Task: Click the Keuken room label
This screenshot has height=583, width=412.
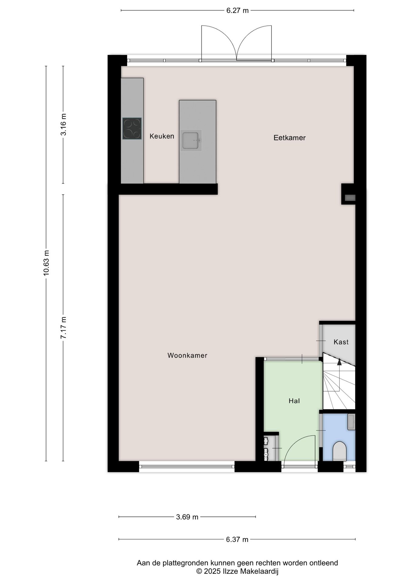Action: tap(162, 136)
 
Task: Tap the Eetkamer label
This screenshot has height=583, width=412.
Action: tap(289, 138)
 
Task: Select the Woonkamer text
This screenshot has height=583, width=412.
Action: tap(187, 356)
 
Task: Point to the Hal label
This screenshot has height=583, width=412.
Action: tap(294, 401)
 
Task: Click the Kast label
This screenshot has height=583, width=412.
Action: tap(341, 342)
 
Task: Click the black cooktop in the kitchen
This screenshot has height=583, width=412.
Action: tap(132, 128)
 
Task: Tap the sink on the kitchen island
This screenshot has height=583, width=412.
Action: tap(191, 140)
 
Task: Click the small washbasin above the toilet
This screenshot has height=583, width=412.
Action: tap(351, 422)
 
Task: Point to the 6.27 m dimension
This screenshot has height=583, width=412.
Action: tap(238, 11)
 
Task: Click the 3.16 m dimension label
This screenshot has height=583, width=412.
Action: tap(63, 124)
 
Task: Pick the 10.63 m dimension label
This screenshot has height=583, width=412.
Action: tap(46, 263)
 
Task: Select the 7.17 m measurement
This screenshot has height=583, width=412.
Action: tap(63, 328)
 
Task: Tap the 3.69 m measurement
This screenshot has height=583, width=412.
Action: tap(187, 517)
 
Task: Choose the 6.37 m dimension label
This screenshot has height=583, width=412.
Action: tap(237, 540)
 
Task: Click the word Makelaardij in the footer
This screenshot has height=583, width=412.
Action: tap(259, 571)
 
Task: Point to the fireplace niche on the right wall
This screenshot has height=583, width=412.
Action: tap(349, 198)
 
